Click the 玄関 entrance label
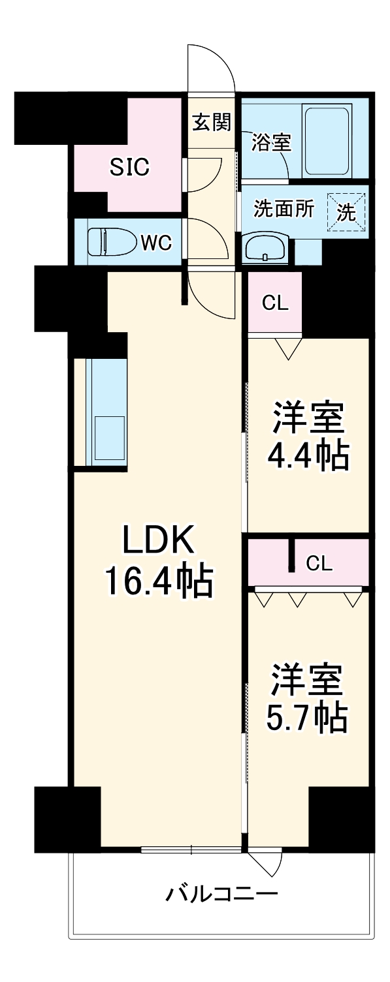coord(211,121)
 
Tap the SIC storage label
coord(129,168)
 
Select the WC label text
coord(156,243)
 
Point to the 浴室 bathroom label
coord(270,142)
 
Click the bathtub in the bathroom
coord(326,140)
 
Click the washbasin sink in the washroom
coord(265,248)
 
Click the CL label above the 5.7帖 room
coord(319,562)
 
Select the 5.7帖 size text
coord(306,718)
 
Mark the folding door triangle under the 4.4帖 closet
coord(287,349)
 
